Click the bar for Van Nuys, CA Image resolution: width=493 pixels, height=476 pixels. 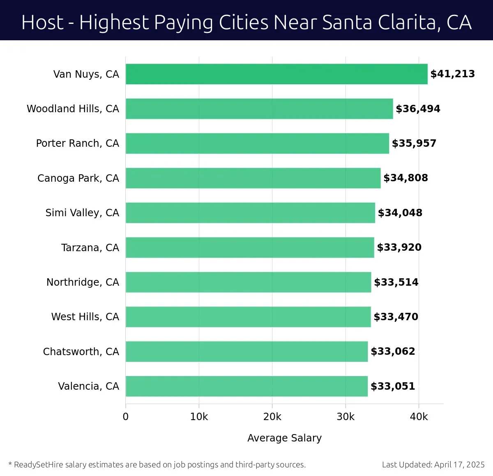coord(276,74)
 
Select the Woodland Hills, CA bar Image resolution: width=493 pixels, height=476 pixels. coord(259,109)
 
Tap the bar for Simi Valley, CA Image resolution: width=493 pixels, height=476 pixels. coord(250,213)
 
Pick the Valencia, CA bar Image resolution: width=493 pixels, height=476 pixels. coord(246,386)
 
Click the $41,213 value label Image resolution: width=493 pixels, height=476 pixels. coord(452,74)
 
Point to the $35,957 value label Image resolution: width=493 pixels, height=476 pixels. coord(414,143)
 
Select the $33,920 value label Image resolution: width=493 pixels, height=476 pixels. coord(399,247)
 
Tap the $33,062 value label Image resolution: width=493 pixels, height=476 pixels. coord(393,351)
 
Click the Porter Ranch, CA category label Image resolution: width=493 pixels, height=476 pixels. coord(78,143)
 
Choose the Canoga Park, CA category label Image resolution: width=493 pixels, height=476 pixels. coord(78,178)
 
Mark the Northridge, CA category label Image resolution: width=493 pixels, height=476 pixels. coord(83,282)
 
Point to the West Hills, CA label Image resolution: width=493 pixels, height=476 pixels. coord(85,317)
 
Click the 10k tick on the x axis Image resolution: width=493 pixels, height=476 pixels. coord(199,417)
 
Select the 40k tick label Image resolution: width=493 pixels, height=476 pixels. coord(419,417)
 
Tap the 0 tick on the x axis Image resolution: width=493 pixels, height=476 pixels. coord(126,417)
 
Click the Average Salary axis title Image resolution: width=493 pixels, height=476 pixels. coord(284,438)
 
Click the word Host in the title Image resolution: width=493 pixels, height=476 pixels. coord(42,22)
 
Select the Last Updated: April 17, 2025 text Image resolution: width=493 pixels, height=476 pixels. coord(433,465)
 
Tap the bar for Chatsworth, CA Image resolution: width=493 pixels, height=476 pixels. coord(246,351)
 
